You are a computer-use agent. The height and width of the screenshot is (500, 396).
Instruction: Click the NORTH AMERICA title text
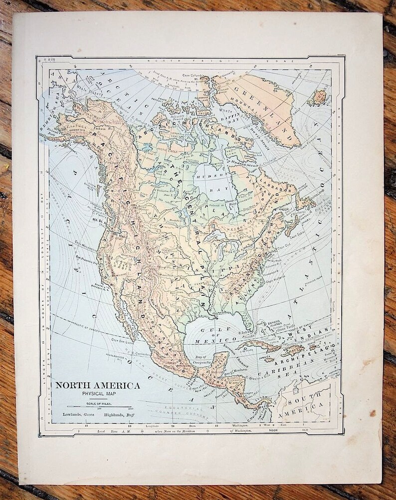(97, 385)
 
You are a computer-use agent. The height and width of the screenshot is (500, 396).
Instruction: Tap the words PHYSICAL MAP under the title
(98, 394)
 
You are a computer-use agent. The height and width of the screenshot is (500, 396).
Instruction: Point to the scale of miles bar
(99, 406)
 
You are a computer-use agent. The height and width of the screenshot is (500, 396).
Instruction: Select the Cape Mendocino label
(86, 243)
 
